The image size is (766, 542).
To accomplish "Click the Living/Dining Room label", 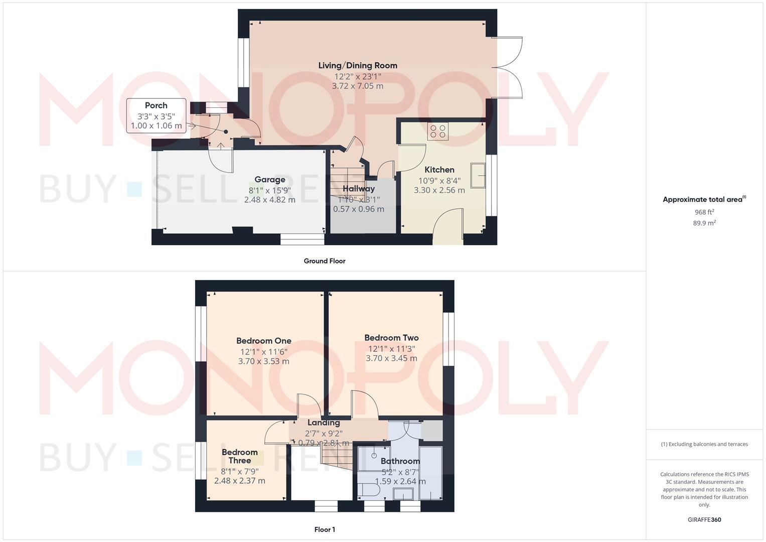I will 358,65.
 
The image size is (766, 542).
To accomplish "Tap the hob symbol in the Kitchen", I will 438,131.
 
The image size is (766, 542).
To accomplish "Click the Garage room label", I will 269,180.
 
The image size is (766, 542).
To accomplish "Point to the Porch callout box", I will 156,116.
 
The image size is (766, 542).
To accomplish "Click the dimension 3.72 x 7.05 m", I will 358,86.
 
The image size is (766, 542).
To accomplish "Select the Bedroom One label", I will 263,341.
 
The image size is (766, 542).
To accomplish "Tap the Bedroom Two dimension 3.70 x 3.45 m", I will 391,358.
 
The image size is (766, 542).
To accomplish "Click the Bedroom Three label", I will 239,456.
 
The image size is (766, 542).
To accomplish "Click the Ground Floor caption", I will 324,261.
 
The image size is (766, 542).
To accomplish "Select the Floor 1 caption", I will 324,529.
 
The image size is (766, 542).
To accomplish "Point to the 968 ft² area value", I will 704,212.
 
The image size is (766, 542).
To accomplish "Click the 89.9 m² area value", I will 704,223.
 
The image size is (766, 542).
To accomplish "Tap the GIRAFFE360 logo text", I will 704,520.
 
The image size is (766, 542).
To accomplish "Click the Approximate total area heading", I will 704,200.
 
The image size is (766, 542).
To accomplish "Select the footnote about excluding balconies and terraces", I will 704,444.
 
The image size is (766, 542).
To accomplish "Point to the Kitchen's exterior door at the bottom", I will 447,228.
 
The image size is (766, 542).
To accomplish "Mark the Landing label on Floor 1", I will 324,423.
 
